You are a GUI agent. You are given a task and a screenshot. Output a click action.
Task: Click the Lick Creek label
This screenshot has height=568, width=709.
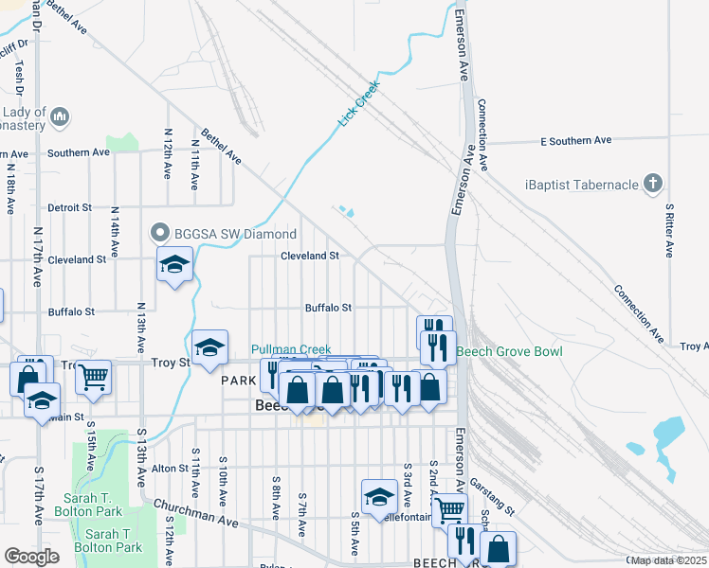coord(359,104)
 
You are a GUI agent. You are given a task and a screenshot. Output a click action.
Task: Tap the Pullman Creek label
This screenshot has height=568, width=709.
coord(291,350)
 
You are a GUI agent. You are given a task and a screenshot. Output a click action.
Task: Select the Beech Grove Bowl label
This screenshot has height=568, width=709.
coord(509,352)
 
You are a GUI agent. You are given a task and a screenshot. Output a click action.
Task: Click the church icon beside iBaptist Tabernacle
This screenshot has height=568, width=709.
coord(652,183)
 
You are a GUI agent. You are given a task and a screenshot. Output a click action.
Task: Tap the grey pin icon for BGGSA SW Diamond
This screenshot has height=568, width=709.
coord(158,233)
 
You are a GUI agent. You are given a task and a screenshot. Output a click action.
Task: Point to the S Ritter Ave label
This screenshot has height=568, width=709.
coord(669,230)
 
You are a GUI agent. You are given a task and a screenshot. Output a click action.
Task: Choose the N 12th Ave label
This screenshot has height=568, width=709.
coord(168,154)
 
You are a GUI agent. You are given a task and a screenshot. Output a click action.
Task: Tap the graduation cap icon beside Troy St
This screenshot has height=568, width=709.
coord(209,347)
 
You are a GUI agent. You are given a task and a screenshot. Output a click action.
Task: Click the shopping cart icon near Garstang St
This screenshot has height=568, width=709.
coord(449,509)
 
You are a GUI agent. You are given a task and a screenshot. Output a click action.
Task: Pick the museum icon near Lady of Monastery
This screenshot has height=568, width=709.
coord(59,116)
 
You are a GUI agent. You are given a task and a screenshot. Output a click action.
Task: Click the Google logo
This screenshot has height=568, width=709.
coord(31,557)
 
